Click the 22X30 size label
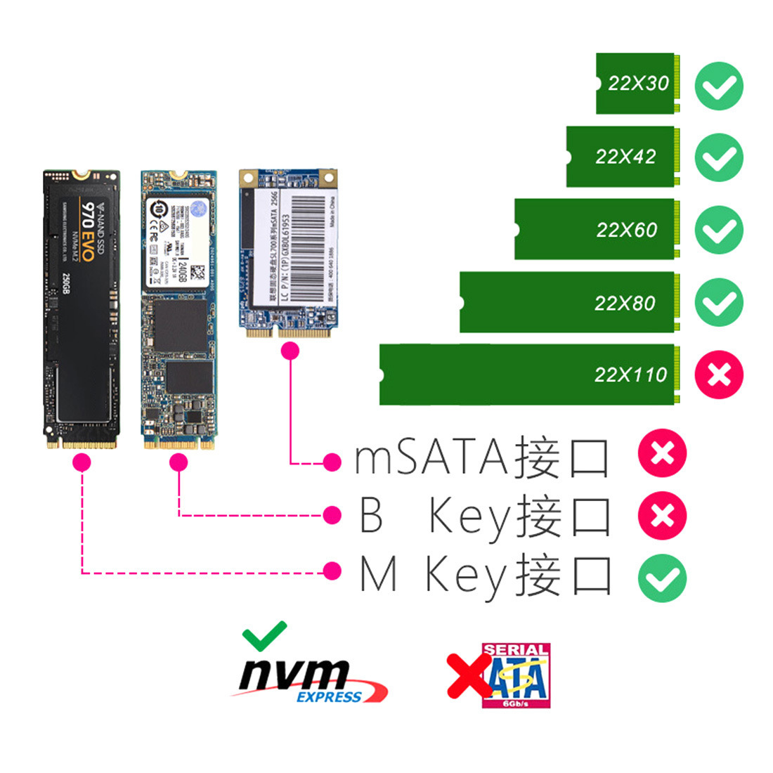(x=638, y=84)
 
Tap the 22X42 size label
(x=625, y=157)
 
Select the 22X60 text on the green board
(x=626, y=230)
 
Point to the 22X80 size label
(x=624, y=303)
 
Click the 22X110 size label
(x=630, y=375)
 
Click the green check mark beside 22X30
(x=719, y=86)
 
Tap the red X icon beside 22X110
(x=719, y=375)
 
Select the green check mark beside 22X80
(x=719, y=302)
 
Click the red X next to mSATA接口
(x=662, y=453)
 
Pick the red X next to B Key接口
(x=662, y=516)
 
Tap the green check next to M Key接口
(x=662, y=578)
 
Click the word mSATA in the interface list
(x=430, y=457)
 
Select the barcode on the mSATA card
(x=309, y=246)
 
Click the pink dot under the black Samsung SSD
(x=82, y=462)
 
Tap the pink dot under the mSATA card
(x=290, y=351)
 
